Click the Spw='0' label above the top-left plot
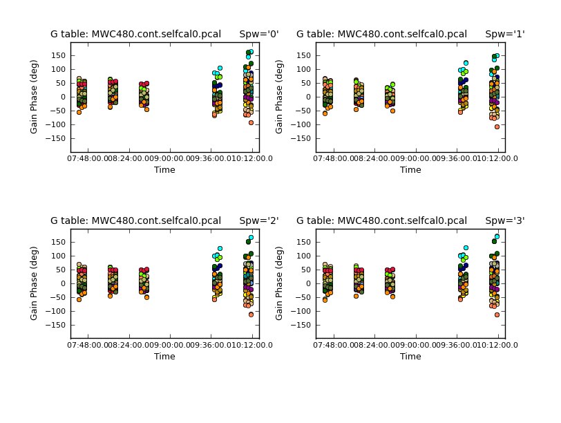(x=259, y=34)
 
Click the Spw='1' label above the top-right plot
(x=505, y=34)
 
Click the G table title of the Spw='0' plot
(x=135, y=34)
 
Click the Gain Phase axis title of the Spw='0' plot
(x=35, y=97)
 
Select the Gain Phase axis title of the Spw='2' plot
(x=35, y=283)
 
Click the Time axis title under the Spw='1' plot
(x=410, y=170)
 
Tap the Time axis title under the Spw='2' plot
(x=164, y=357)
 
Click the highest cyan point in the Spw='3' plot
(x=497, y=236)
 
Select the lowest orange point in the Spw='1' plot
(x=497, y=126)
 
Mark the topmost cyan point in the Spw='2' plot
(x=251, y=237)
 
